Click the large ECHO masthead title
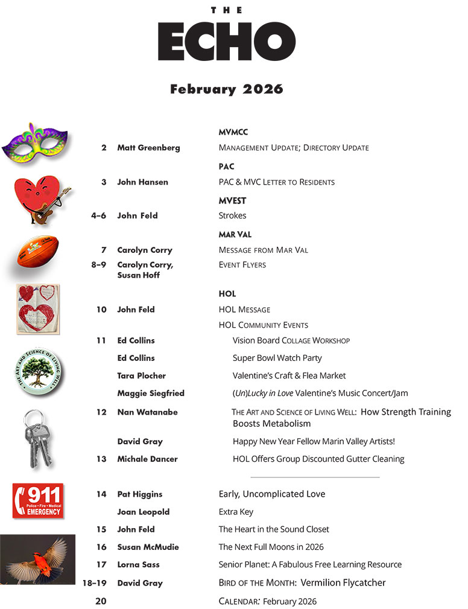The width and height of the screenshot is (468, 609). pos(227,42)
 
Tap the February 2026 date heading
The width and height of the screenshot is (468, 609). pos(226,89)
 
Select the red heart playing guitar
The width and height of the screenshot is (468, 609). pos(40,200)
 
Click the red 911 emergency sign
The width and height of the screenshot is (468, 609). pos(38,500)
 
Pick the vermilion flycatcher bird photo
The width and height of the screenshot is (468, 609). pos(38,559)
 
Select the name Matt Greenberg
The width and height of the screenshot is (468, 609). pos(148,147)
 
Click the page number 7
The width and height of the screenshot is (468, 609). pos(104,250)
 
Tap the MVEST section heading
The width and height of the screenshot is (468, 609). pos(232,200)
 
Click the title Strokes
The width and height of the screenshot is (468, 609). pos(232,215)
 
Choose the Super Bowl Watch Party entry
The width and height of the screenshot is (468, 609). pos(277,358)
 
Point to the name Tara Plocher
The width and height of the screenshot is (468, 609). pos(141,375)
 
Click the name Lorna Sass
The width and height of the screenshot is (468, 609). pos(139,565)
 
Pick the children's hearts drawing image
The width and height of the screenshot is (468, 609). pos(38,308)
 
